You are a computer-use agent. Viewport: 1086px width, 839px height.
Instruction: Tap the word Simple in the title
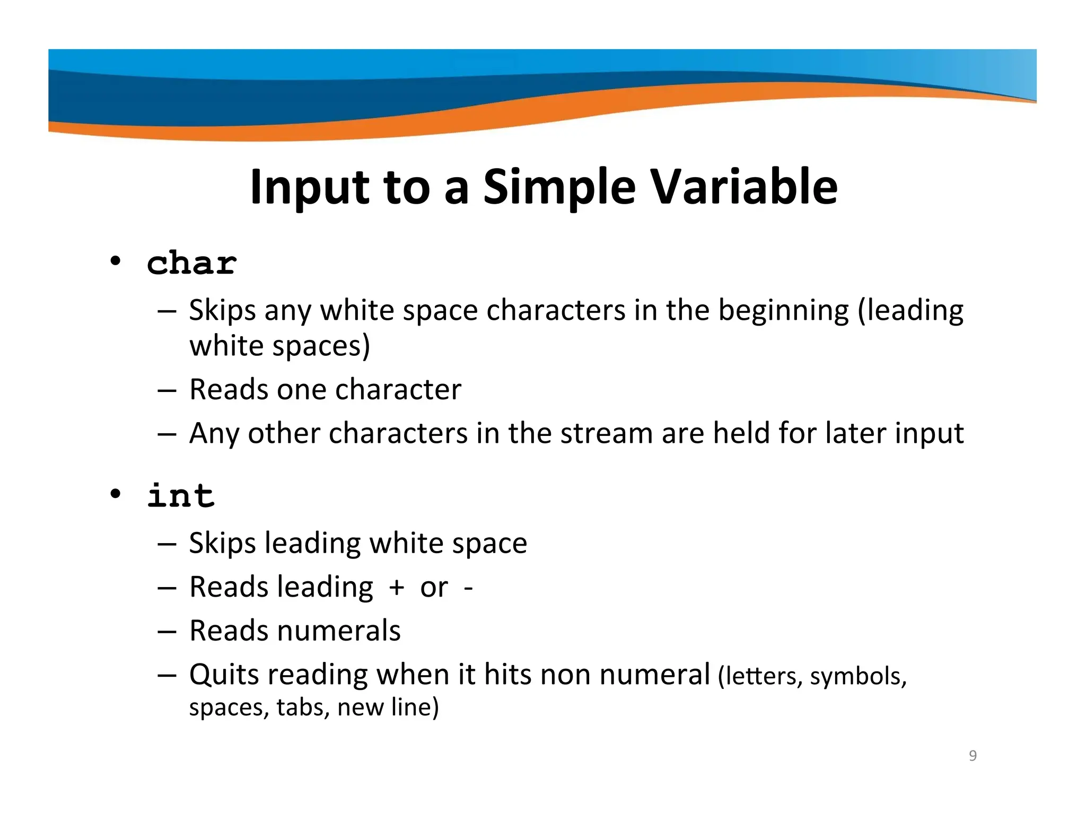559,187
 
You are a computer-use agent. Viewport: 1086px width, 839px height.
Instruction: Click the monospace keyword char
192,263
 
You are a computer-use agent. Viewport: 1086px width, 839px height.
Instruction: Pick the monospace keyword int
181,496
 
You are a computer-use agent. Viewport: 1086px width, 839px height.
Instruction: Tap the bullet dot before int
115,494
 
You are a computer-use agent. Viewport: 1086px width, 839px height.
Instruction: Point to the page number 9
973,755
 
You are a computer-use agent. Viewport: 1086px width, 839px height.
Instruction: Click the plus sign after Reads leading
396,588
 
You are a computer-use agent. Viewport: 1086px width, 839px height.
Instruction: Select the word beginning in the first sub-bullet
783,311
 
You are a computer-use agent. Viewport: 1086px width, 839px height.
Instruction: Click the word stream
607,433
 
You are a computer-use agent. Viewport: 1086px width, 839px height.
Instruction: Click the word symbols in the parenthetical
858,676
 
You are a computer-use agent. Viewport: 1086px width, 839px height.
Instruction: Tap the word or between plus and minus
434,588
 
